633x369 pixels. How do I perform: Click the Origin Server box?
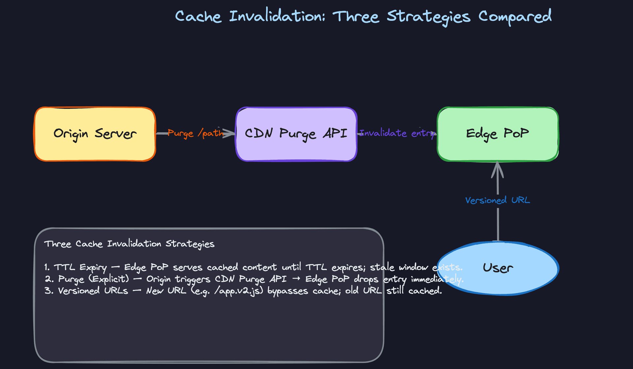coord(95,145)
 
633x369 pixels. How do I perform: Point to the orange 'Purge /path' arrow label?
coord(195,133)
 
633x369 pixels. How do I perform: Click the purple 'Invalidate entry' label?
coord(397,133)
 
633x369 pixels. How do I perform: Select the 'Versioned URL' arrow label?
coord(497,200)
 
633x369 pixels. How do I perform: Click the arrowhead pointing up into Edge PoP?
coord(497,168)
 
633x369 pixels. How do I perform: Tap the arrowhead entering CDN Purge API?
coord(230,133)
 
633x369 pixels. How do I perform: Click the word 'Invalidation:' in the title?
coord(277,16)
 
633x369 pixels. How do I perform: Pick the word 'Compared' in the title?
coord(515,16)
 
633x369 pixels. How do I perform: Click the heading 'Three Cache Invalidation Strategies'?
coord(129,244)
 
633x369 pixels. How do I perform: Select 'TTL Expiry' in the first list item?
coord(80,267)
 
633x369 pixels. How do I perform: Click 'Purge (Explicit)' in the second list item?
coord(93,279)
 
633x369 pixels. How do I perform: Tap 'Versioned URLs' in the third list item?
coord(93,291)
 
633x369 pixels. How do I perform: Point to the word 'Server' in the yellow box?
coord(115,134)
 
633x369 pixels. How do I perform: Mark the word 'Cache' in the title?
coord(198,16)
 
